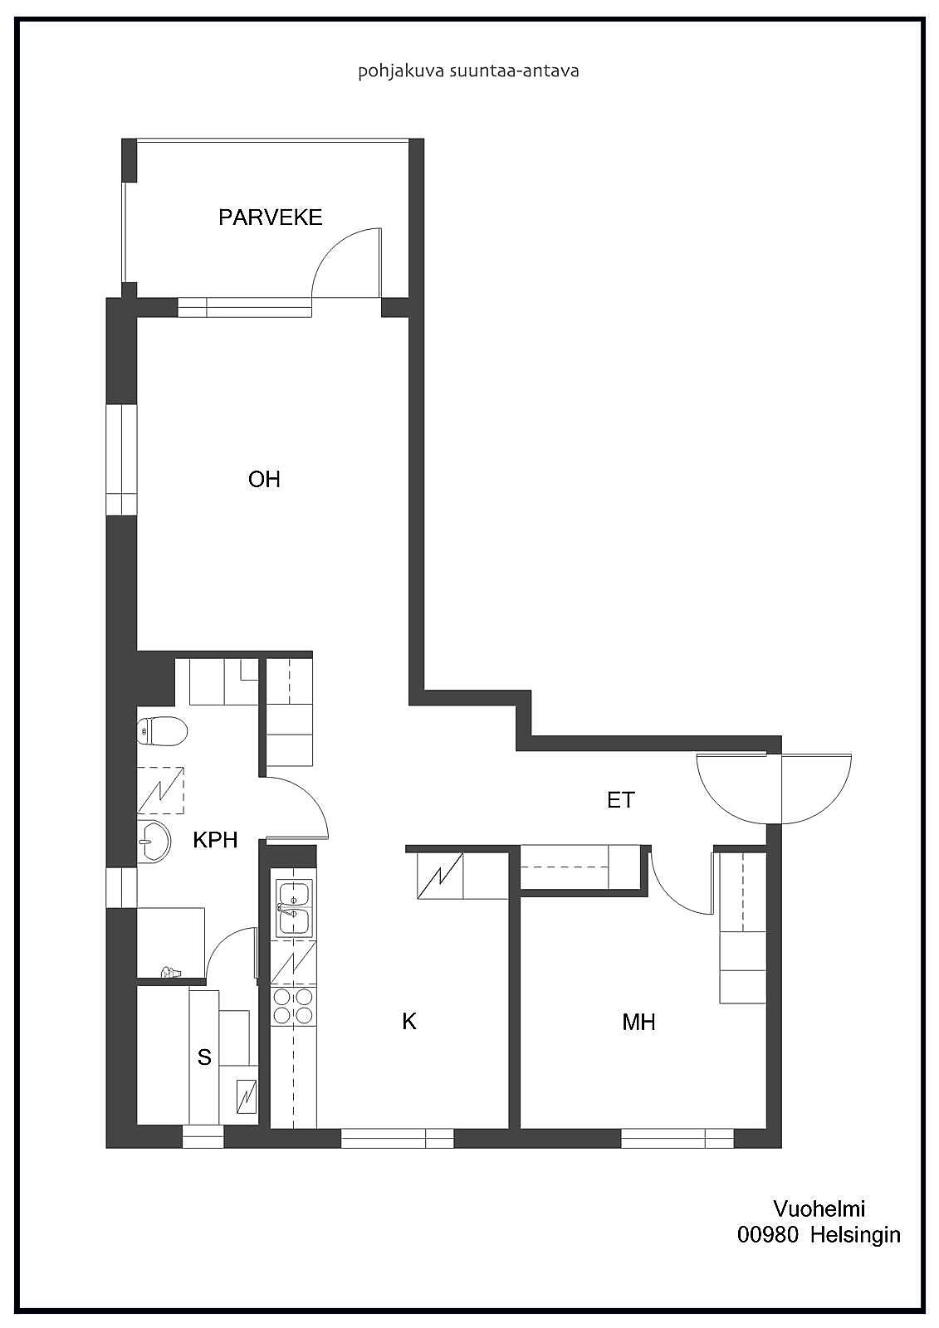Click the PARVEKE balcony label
(x=270, y=217)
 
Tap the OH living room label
(x=264, y=479)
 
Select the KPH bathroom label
(x=215, y=840)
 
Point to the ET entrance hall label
(x=621, y=800)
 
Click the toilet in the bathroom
(x=162, y=732)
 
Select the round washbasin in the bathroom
(x=154, y=841)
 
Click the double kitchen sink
(x=294, y=907)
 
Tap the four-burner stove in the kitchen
(x=294, y=1006)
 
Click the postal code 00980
(x=768, y=1235)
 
